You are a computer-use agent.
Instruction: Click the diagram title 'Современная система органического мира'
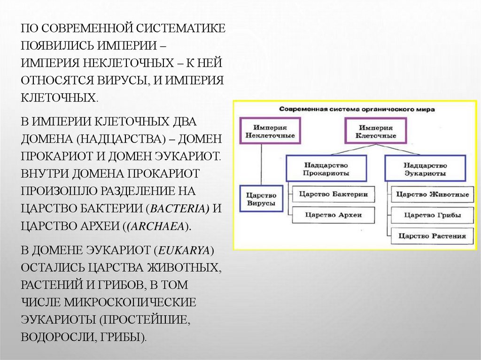click(x=357, y=109)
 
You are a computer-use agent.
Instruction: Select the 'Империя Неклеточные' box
click(x=270, y=131)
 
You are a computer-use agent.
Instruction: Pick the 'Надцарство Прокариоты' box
click(x=326, y=169)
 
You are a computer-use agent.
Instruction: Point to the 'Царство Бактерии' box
click(x=333, y=194)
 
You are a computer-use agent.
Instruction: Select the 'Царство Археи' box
click(x=333, y=215)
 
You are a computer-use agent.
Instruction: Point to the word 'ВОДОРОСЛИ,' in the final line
click(x=56, y=337)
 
